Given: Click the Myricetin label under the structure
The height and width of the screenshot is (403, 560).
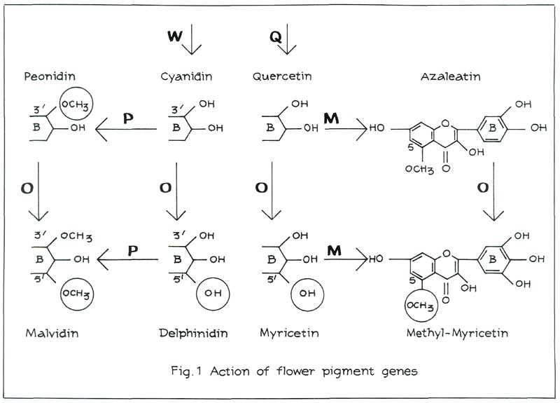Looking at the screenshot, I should click(289, 332).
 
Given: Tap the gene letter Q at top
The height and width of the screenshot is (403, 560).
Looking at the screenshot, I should click(276, 35).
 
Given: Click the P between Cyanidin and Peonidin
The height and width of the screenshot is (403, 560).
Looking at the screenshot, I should click(127, 118).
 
